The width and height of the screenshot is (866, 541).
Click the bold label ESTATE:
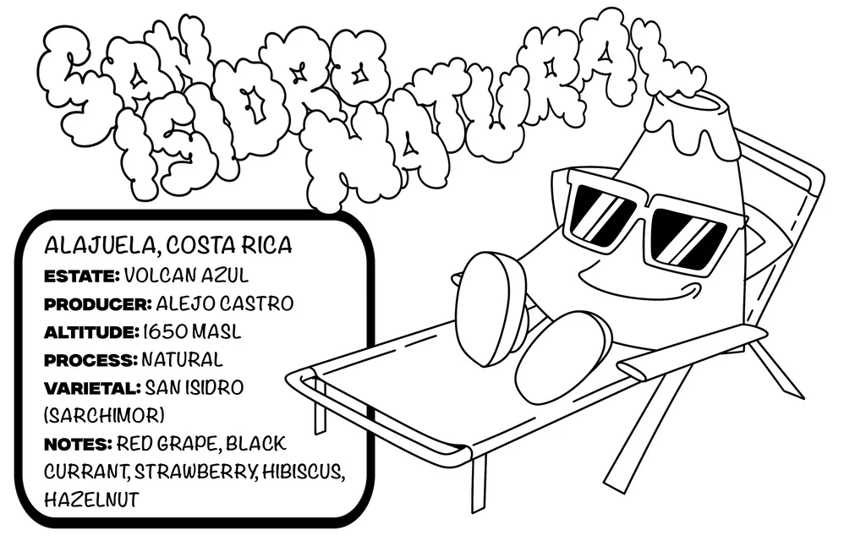pos(82,276)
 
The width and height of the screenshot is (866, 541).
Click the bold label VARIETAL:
pos(91,388)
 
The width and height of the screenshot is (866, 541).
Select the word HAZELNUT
pos(90,500)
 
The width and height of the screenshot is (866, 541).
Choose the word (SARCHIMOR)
pos(103,416)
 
